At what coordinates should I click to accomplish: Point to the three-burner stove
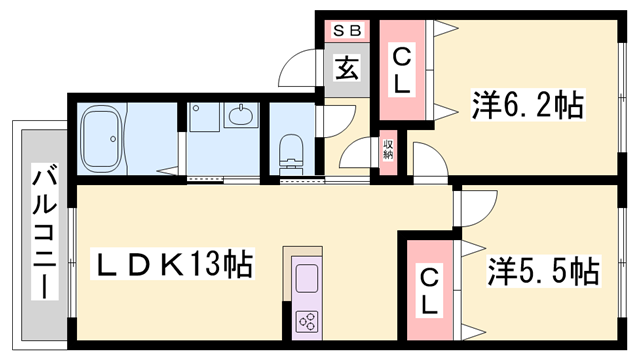[306, 321]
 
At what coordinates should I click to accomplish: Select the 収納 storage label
[387, 151]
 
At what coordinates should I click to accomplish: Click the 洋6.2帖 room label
[527, 102]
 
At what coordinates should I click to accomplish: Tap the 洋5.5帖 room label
[543, 269]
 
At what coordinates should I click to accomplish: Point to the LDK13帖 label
[173, 266]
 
